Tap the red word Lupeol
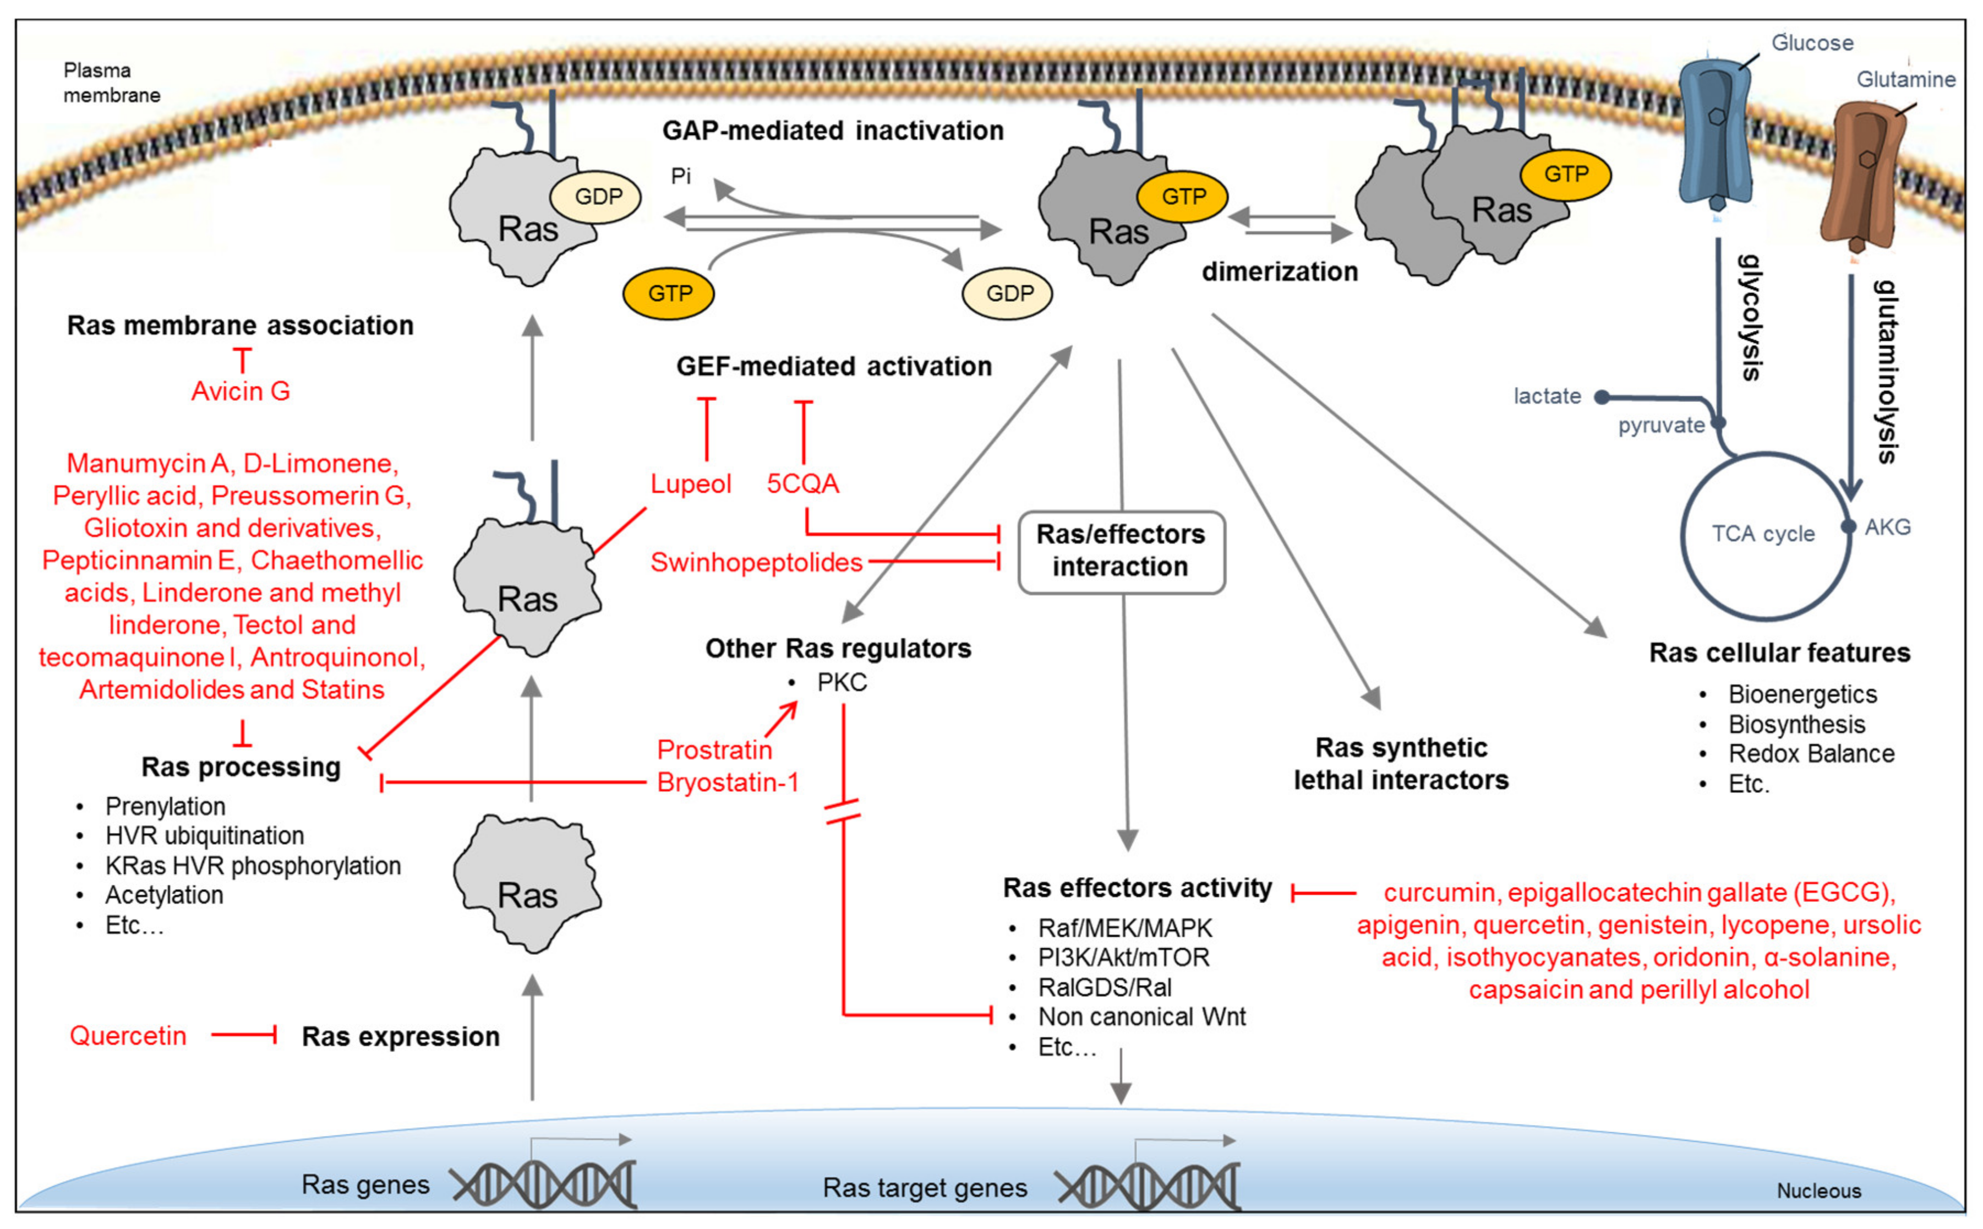click(x=691, y=485)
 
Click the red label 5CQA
click(x=802, y=485)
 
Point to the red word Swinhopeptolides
click(x=756, y=563)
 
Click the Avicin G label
click(x=241, y=392)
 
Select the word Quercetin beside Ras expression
click(x=128, y=1036)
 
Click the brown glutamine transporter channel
click(x=1864, y=175)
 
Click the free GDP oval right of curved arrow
click(x=1007, y=293)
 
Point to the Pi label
click(x=681, y=176)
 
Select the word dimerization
click(x=1280, y=273)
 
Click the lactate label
click(x=1547, y=396)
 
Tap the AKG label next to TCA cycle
click(x=1887, y=528)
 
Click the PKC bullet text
click(x=842, y=683)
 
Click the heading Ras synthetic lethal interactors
click(x=1401, y=764)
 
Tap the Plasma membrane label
click(x=111, y=83)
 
